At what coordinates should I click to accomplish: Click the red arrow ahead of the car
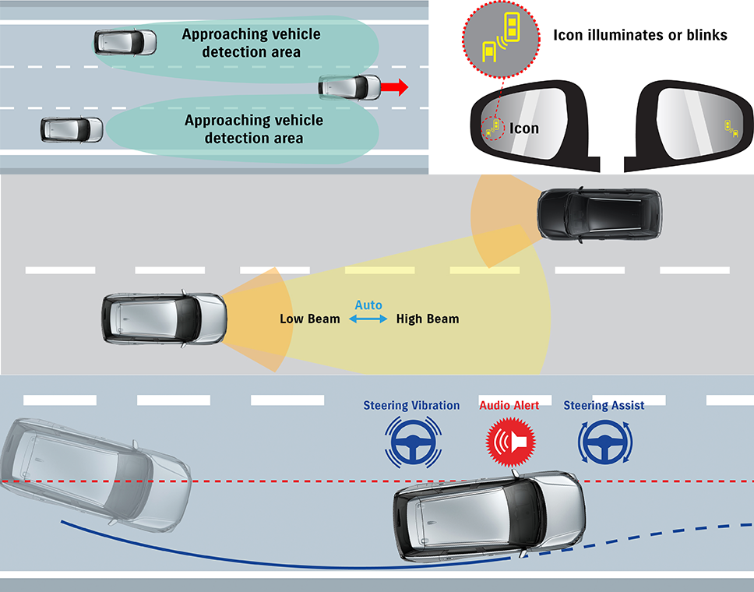pyautogui.click(x=396, y=87)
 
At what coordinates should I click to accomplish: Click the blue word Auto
pyautogui.click(x=368, y=305)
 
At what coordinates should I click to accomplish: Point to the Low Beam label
pyautogui.click(x=310, y=319)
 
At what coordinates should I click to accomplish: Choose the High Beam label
pyautogui.click(x=428, y=319)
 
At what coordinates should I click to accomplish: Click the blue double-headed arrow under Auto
pyautogui.click(x=368, y=319)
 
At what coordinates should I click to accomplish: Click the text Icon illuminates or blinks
pyautogui.click(x=639, y=35)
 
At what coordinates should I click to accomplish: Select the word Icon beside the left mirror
pyautogui.click(x=524, y=128)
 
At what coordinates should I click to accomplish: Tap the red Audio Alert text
pyautogui.click(x=509, y=405)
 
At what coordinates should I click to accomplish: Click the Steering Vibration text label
pyautogui.click(x=411, y=405)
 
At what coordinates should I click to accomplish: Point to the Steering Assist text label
pyautogui.click(x=604, y=405)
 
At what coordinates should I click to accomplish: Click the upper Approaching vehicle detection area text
pyautogui.click(x=251, y=44)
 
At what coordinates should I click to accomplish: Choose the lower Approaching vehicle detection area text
pyautogui.click(x=253, y=129)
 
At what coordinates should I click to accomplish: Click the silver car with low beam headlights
pyautogui.click(x=164, y=319)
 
